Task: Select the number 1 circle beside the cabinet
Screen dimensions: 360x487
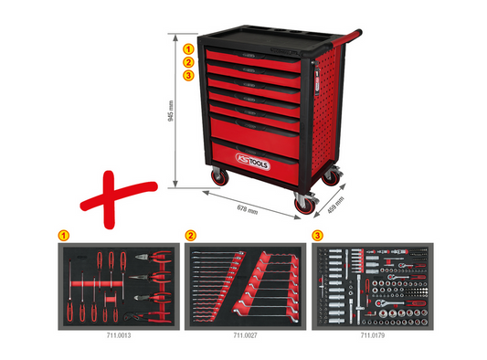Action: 187,48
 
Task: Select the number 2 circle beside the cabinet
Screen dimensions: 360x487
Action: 187,62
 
